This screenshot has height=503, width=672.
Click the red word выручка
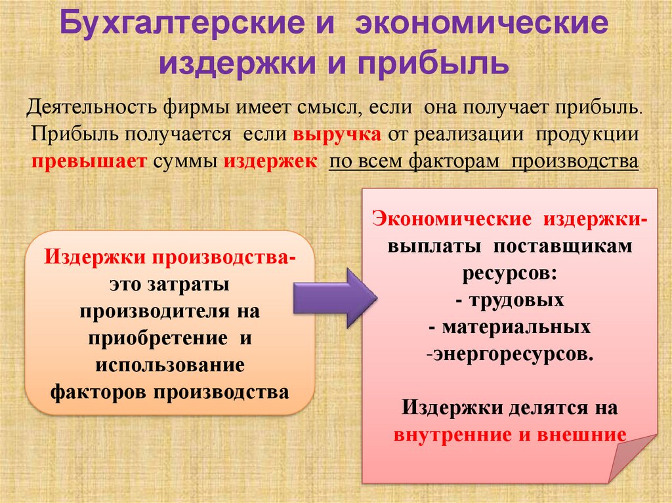tap(336, 134)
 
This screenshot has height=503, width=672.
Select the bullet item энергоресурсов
tap(511, 354)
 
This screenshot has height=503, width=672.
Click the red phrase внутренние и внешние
tap(509, 435)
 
